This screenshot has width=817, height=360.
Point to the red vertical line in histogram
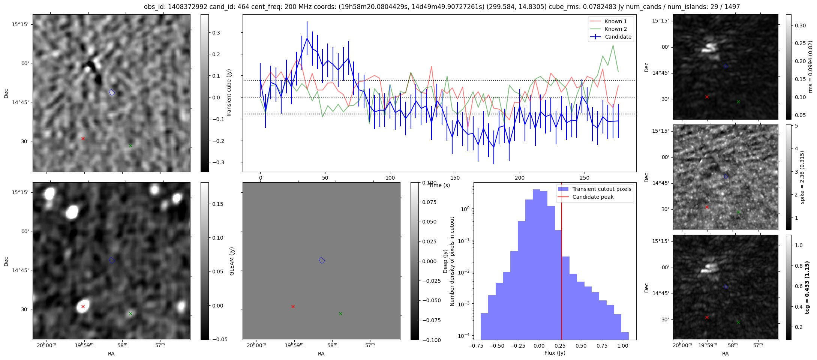pyautogui.click(x=561, y=262)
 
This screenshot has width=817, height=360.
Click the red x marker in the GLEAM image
pyautogui.click(x=83, y=306)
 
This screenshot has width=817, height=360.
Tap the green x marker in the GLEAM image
pyautogui.click(x=130, y=313)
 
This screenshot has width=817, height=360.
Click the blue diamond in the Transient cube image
pyautogui.click(x=111, y=92)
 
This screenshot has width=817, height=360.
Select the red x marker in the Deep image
pyautogui.click(x=293, y=306)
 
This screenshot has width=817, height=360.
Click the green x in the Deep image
pyautogui.click(x=340, y=313)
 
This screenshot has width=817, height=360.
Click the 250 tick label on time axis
pyautogui.click(x=585, y=178)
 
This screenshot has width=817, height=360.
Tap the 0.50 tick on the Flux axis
pyautogui.click(x=581, y=346)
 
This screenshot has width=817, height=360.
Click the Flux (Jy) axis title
pyautogui.click(x=555, y=353)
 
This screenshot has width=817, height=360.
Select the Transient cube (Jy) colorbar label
pyautogui.click(x=229, y=93)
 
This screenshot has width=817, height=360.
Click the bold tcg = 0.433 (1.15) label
pyautogui.click(x=807, y=287)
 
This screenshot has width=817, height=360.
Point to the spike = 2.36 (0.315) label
pyautogui.click(x=802, y=177)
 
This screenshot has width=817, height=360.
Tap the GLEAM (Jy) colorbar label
pyautogui.click(x=232, y=261)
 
